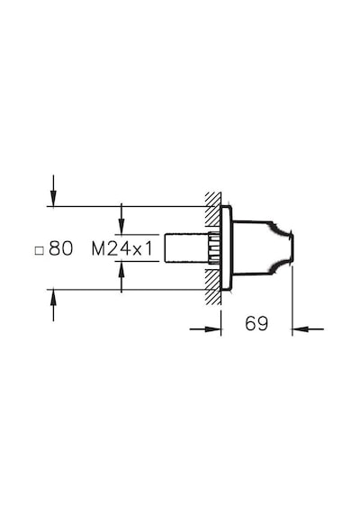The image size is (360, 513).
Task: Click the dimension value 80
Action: coord(61,248)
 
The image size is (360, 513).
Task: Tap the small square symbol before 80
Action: coord(40,250)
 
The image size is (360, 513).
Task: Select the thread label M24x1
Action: coord(122,249)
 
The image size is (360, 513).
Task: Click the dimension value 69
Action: coord(256,324)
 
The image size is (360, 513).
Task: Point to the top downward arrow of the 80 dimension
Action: coord(53,191)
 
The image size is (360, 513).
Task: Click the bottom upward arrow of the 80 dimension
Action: coord(53,305)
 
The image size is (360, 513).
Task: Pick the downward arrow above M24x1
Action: coord(121,219)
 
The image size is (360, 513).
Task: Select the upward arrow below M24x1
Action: coord(121,277)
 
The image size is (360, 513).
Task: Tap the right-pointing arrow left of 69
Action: coord(205,328)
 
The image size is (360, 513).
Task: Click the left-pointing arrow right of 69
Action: coord(308,328)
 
